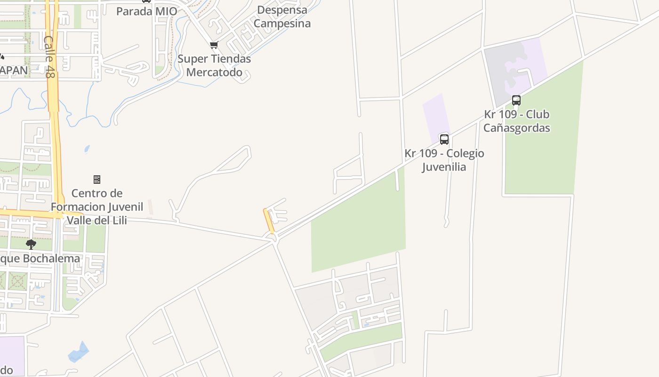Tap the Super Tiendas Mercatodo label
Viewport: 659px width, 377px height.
pos(214,66)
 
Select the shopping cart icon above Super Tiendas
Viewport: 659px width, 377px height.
pos(214,45)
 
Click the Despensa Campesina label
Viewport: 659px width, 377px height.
pos(282,16)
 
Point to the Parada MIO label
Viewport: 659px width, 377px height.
pos(147,11)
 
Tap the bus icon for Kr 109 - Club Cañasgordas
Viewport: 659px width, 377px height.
pos(516,100)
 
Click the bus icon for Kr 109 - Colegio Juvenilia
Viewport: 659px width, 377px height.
pos(444,139)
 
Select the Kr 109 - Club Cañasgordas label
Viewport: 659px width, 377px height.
pos(516,121)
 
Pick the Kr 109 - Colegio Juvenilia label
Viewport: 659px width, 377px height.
pos(444,160)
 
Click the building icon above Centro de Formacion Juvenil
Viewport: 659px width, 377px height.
pos(97,180)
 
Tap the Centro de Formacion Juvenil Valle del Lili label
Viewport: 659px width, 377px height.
pos(97,206)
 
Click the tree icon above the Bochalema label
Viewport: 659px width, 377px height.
pos(31,244)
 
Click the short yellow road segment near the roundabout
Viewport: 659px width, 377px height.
pos(269,221)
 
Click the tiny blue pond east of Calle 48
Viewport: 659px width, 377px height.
pos(87,149)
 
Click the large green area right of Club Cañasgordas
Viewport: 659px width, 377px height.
pos(544,141)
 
